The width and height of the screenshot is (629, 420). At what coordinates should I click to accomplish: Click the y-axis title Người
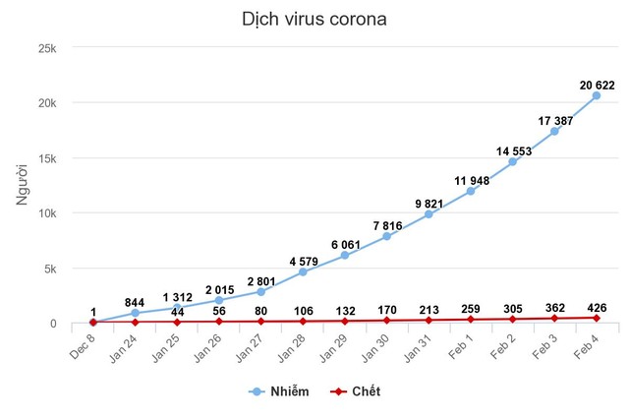pyautogui.click(x=23, y=185)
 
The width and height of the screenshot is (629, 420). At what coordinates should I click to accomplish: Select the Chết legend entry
pyautogui.click(x=361, y=391)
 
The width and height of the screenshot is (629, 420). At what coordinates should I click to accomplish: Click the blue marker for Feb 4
pyautogui.click(x=597, y=94)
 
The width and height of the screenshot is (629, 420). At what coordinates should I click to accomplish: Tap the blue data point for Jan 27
pyautogui.click(x=260, y=291)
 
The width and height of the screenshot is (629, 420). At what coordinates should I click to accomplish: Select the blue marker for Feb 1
pyautogui.click(x=471, y=191)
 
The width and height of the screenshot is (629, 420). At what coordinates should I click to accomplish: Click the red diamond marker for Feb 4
pyautogui.click(x=597, y=318)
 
